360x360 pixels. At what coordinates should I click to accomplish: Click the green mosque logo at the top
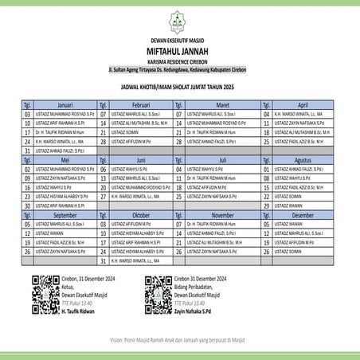(179, 20)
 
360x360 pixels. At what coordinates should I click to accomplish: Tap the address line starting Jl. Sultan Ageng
(179, 69)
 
